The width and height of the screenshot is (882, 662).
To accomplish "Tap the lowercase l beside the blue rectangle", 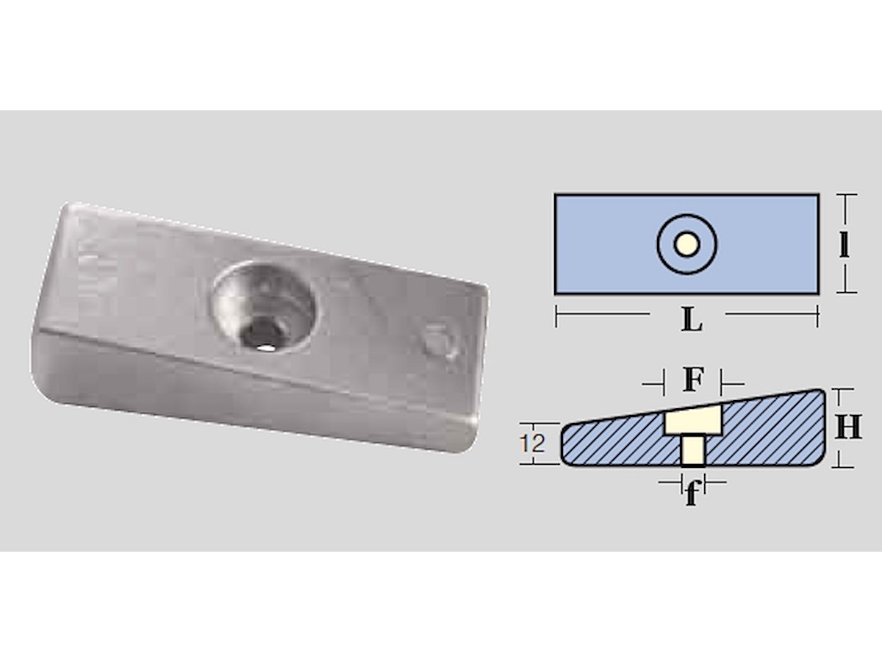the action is (845, 244).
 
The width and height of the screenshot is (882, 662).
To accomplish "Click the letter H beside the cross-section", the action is (848, 427).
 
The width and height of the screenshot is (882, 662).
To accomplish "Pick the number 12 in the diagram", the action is (532, 444).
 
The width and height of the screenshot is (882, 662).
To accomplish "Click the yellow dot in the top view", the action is (686, 244).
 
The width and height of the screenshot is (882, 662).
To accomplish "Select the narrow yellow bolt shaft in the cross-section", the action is (693, 449).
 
